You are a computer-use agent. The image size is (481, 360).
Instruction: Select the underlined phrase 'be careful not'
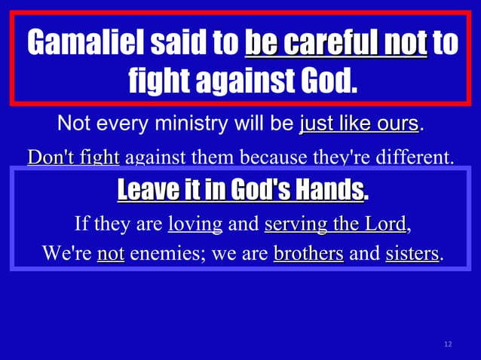pyautogui.click(x=336, y=43)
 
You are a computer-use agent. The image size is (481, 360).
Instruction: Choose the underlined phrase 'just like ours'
pyautogui.click(x=359, y=123)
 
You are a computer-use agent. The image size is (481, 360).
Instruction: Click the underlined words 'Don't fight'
pyautogui.click(x=73, y=158)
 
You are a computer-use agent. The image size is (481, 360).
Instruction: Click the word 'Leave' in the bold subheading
pyautogui.click(x=149, y=191)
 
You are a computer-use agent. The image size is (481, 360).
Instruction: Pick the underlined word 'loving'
pyautogui.click(x=195, y=224)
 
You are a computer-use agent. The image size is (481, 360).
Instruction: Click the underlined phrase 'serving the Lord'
pyautogui.click(x=335, y=224)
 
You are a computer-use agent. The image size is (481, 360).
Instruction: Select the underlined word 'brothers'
pyautogui.click(x=308, y=254)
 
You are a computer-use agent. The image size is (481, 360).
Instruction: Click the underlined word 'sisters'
pyautogui.click(x=412, y=254)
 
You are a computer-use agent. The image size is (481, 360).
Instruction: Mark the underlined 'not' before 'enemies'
pyautogui.click(x=111, y=254)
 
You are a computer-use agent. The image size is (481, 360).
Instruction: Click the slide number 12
pyautogui.click(x=448, y=344)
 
